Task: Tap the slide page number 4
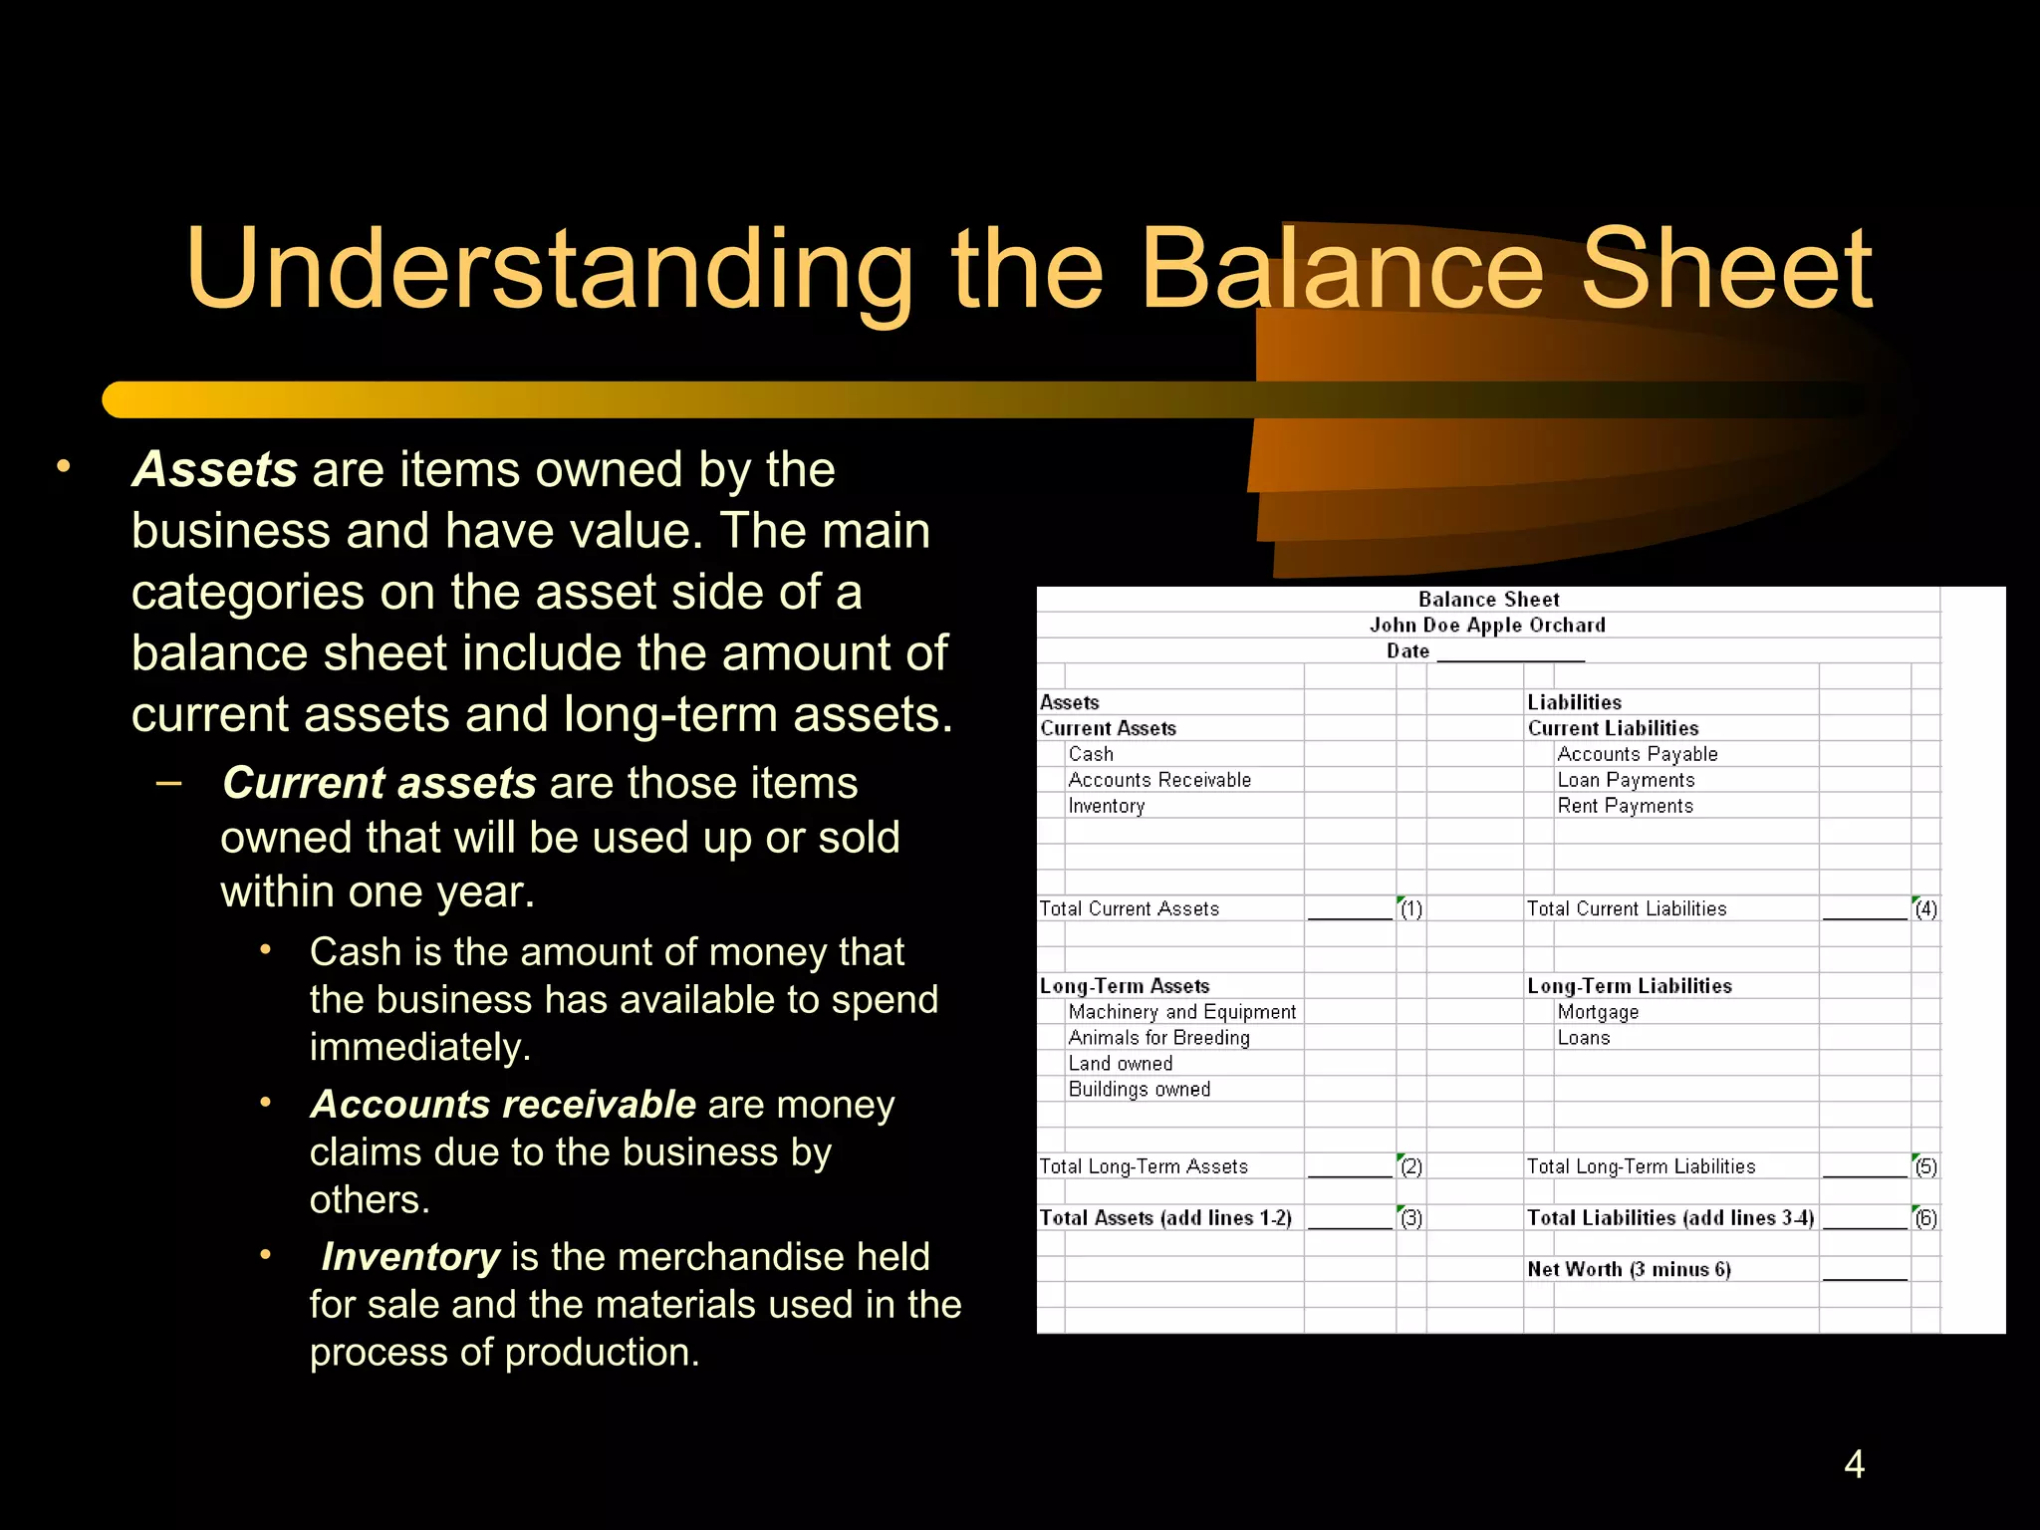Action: pos(1854,1464)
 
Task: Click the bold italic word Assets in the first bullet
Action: pos(215,469)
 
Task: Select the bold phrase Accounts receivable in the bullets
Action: pos(503,1105)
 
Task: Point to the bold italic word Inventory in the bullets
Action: pos(410,1257)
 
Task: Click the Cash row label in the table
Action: pos(1091,755)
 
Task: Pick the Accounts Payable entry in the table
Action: pos(1638,755)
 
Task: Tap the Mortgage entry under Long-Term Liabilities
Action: pos(1598,1012)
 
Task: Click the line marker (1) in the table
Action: pos(1411,909)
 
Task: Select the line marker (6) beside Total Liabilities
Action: pos(1926,1218)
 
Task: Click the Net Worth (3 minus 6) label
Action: pos(1629,1270)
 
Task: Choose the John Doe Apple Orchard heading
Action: pos(1487,626)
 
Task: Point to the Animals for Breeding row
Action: pos(1158,1038)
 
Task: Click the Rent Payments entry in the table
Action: pos(1625,806)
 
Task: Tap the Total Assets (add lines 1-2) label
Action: pos(1165,1218)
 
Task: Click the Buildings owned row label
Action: pos(1140,1090)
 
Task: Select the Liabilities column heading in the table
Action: pos(1574,703)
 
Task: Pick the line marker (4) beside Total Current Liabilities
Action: pos(1926,909)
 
